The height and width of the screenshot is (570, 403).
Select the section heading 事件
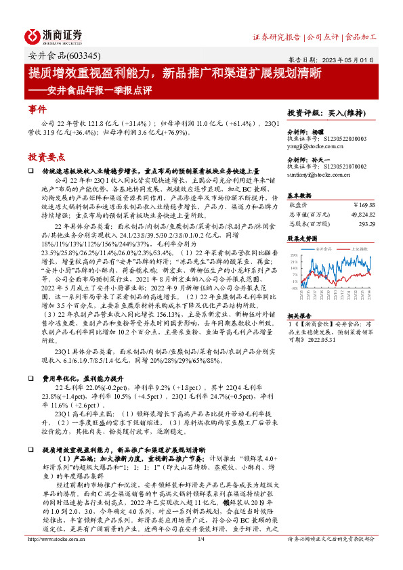37,109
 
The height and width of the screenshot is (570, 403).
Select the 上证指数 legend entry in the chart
360,249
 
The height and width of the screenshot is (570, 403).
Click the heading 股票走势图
302,238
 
